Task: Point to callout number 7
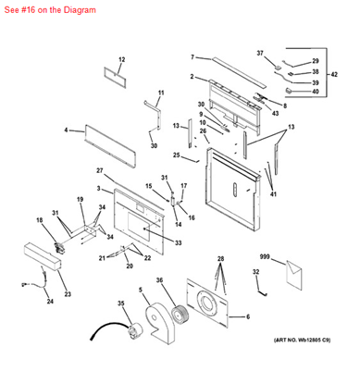click(192, 57)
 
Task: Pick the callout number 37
click(260, 53)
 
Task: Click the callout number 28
click(220, 258)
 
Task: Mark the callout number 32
click(254, 272)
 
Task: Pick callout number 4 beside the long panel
click(67, 131)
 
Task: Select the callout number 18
click(40, 219)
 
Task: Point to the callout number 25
click(188, 155)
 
